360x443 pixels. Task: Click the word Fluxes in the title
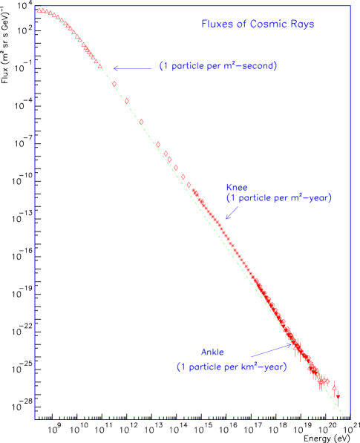point(215,24)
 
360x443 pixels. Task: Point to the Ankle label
point(212,352)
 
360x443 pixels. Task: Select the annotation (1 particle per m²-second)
point(218,66)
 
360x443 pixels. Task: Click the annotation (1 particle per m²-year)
point(278,198)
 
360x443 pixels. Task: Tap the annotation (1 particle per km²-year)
point(231,367)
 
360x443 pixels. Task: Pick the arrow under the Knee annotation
point(231,212)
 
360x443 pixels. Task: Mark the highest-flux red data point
point(39,10)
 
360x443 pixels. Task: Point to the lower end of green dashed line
point(344,416)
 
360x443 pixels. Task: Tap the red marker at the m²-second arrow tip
point(101,68)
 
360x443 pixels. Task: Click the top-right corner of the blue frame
point(350,7)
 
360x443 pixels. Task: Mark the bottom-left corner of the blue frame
point(34,419)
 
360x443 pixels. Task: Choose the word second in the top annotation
point(259,66)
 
